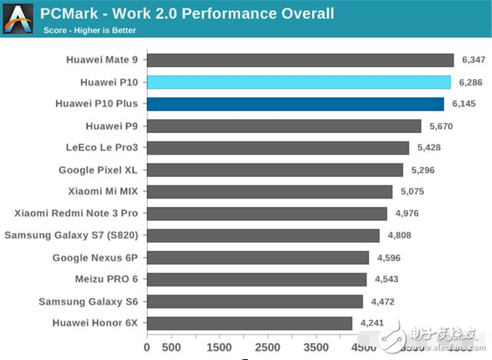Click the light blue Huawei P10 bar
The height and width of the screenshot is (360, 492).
tap(298, 82)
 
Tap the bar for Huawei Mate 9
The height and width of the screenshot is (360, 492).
tap(300, 60)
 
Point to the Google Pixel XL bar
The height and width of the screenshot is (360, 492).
tap(274, 170)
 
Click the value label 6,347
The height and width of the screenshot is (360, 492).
tap(476, 60)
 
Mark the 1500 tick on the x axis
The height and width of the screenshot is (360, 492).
tap(219, 348)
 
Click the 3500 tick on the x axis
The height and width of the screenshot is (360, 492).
tap(316, 348)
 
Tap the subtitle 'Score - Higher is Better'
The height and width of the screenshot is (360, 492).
tap(90, 31)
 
